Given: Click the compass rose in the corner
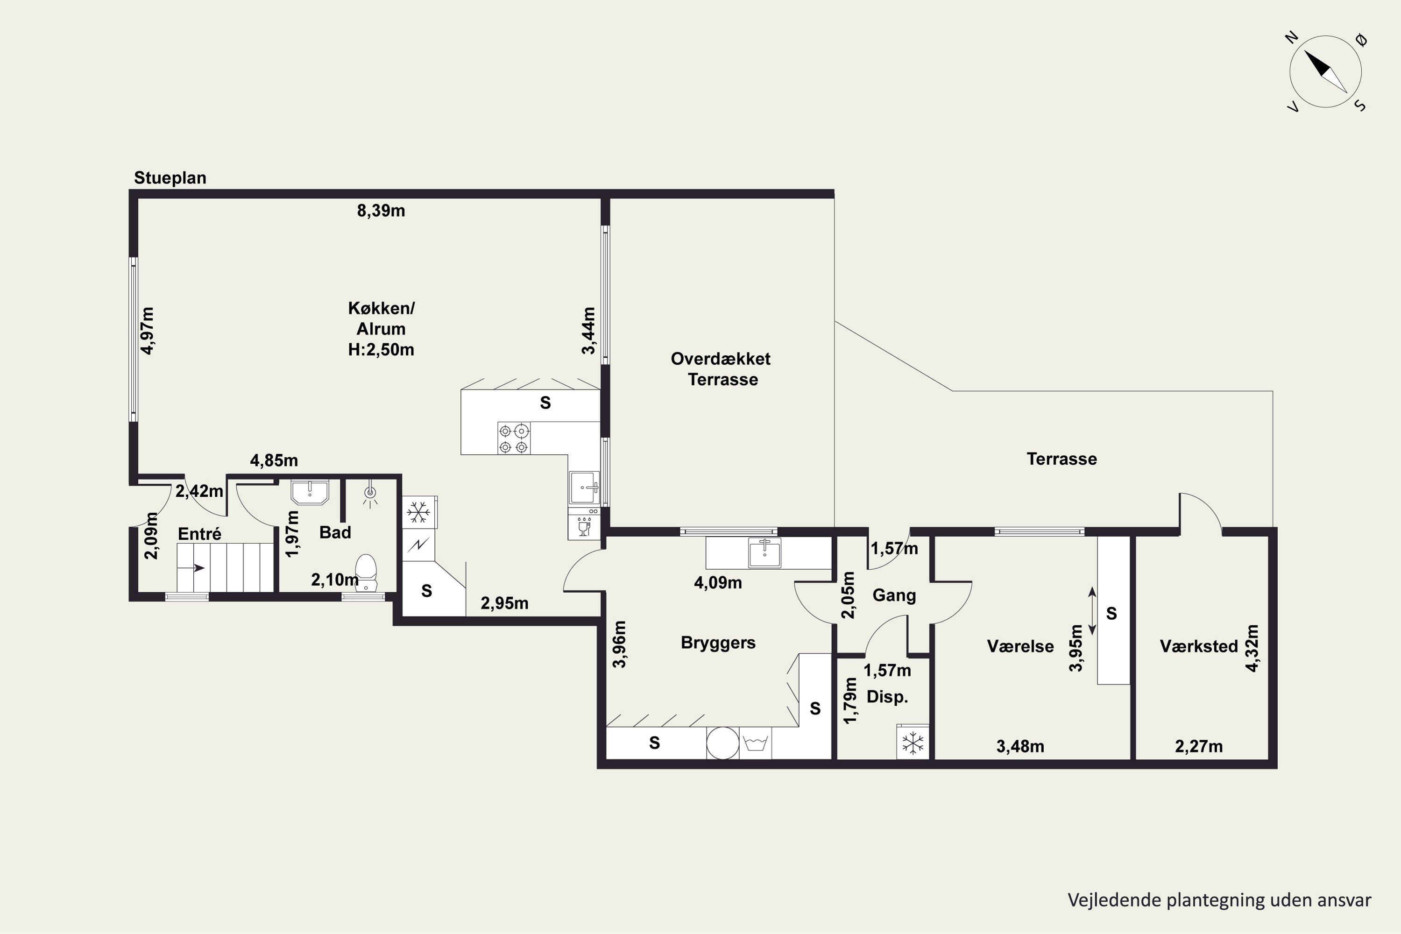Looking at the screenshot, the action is [x=1325, y=71].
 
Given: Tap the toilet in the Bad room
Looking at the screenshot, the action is [x=366, y=572].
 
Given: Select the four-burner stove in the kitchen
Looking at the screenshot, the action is [x=513, y=439].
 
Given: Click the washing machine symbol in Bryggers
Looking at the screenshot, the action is [x=755, y=743].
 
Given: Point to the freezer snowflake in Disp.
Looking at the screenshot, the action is [x=913, y=742].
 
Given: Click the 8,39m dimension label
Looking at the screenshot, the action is [x=381, y=211].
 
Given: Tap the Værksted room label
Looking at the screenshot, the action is [x=1198, y=646].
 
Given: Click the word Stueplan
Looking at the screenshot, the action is [x=170, y=177].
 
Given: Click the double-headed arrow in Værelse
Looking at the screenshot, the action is [x=1092, y=610].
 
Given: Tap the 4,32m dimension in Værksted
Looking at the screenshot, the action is [x=1252, y=648].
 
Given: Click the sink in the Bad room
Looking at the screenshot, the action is [x=310, y=492].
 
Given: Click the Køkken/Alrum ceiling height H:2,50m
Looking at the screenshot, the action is [x=381, y=350].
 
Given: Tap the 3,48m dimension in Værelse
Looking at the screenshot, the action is [x=1020, y=746].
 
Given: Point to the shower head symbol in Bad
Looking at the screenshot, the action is [x=370, y=495].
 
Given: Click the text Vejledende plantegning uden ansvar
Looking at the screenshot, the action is [x=1219, y=900].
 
